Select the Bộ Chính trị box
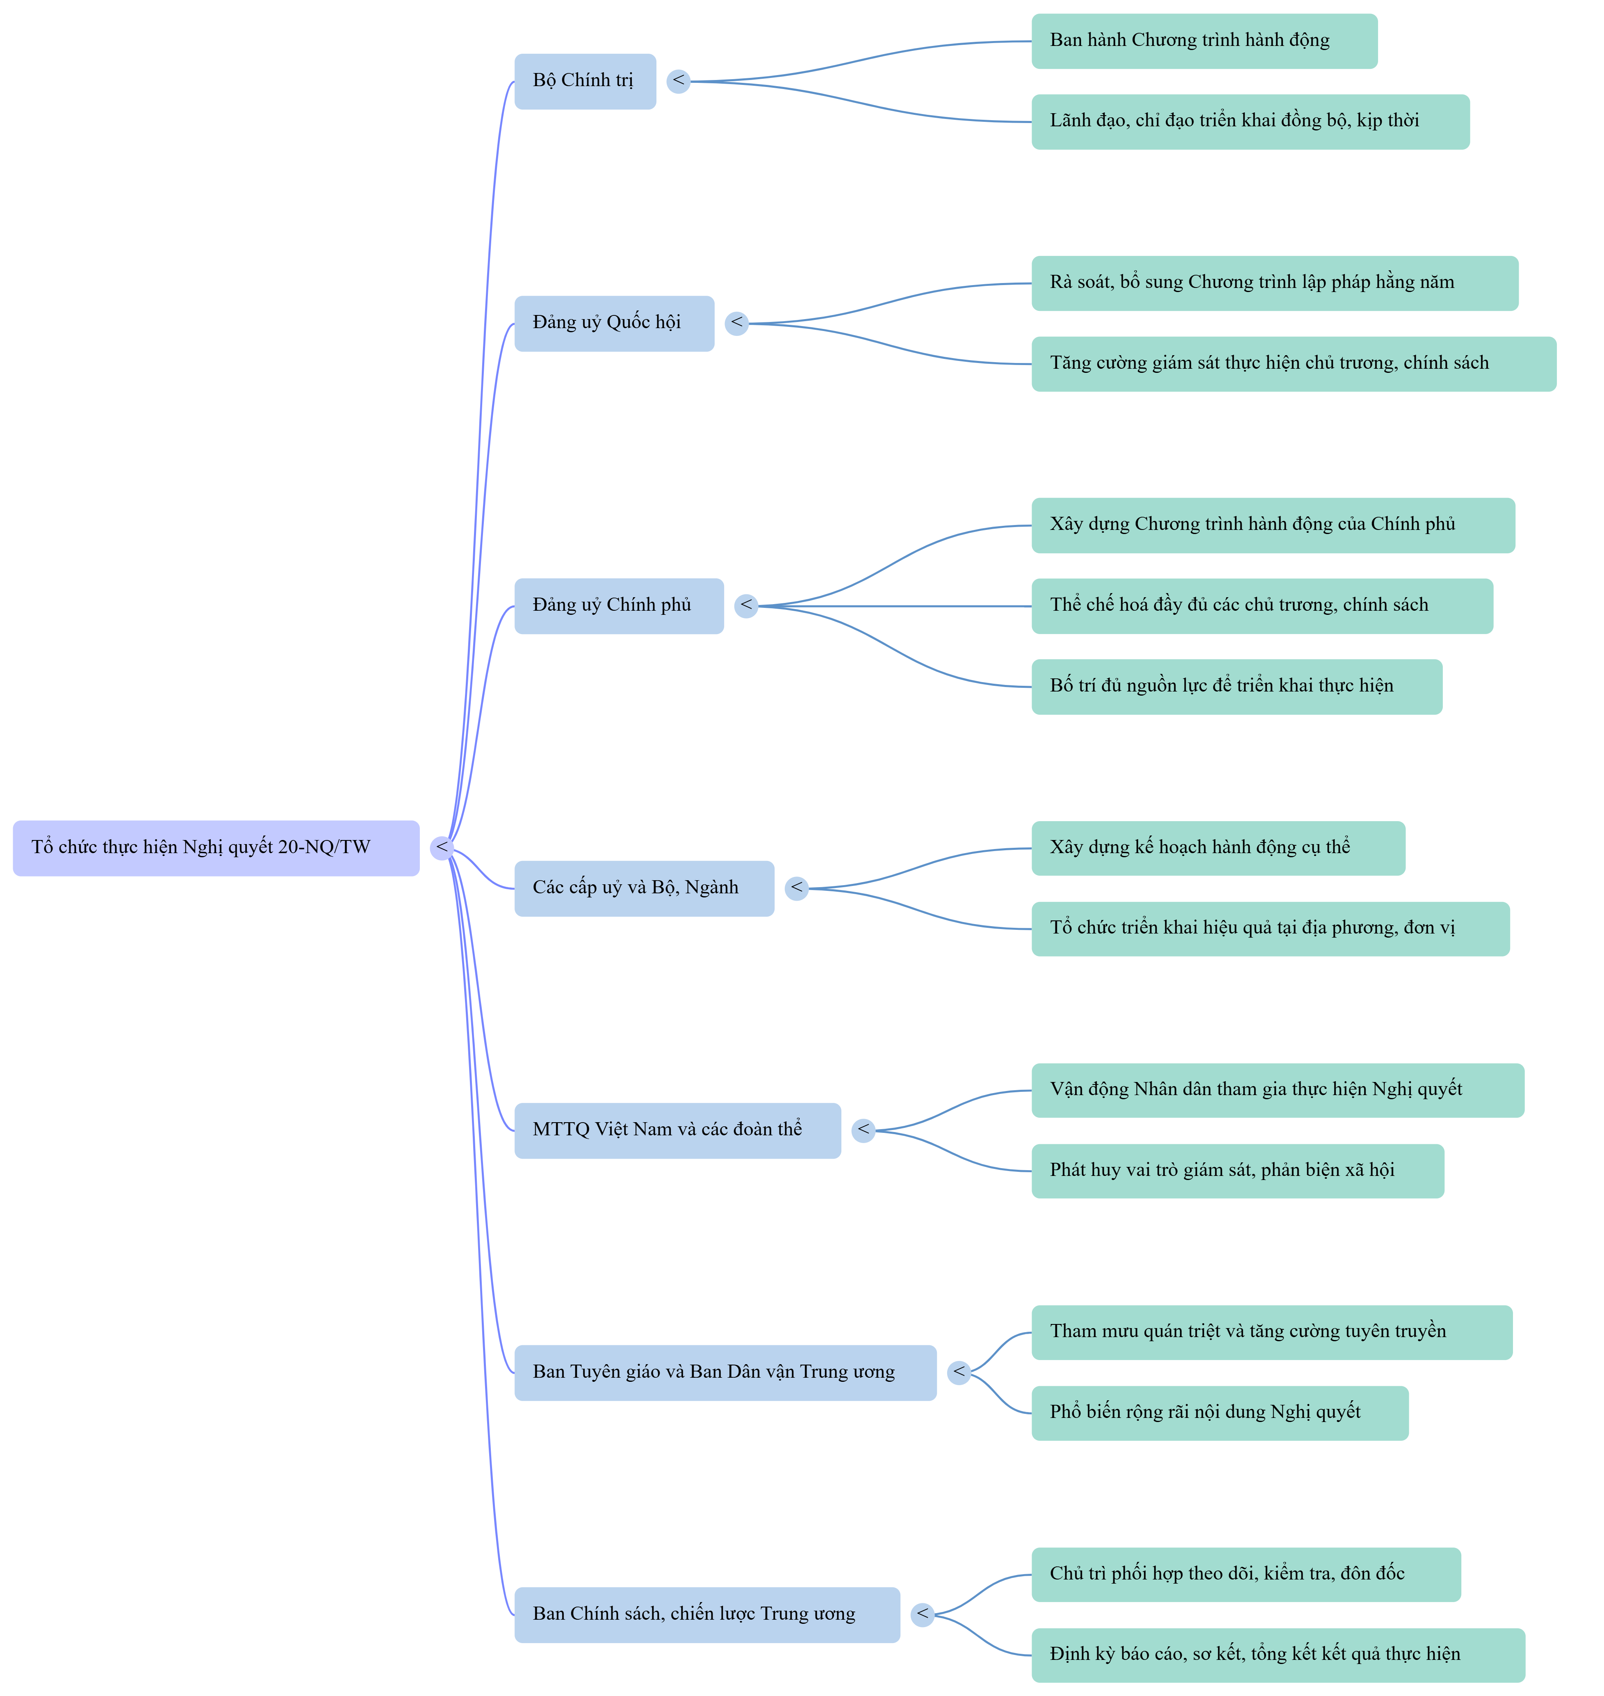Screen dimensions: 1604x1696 point(586,81)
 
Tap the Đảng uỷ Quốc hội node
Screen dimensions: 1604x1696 point(615,323)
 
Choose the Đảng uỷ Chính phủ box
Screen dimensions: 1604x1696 point(619,606)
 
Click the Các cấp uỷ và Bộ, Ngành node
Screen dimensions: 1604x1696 point(645,889)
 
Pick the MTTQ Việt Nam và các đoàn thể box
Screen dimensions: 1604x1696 point(678,1131)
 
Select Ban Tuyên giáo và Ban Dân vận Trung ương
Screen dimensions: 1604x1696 point(726,1373)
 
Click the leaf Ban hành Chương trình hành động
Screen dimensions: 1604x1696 point(1205,41)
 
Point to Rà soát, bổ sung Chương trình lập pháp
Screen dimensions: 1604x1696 point(1275,283)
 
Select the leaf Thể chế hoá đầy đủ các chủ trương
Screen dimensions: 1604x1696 point(1263,606)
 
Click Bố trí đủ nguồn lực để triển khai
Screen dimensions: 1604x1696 point(1237,687)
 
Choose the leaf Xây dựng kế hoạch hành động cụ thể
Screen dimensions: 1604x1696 point(1219,849)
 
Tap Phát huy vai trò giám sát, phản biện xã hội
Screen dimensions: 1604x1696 point(1238,1171)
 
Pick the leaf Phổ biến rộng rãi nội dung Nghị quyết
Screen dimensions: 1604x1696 point(1220,1413)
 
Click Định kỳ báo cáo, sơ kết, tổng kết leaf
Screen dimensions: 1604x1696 point(1278,1655)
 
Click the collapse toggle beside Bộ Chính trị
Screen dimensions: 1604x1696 point(679,81)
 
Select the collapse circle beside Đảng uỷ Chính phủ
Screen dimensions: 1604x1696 point(746,606)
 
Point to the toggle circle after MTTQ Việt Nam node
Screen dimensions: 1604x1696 point(864,1131)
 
